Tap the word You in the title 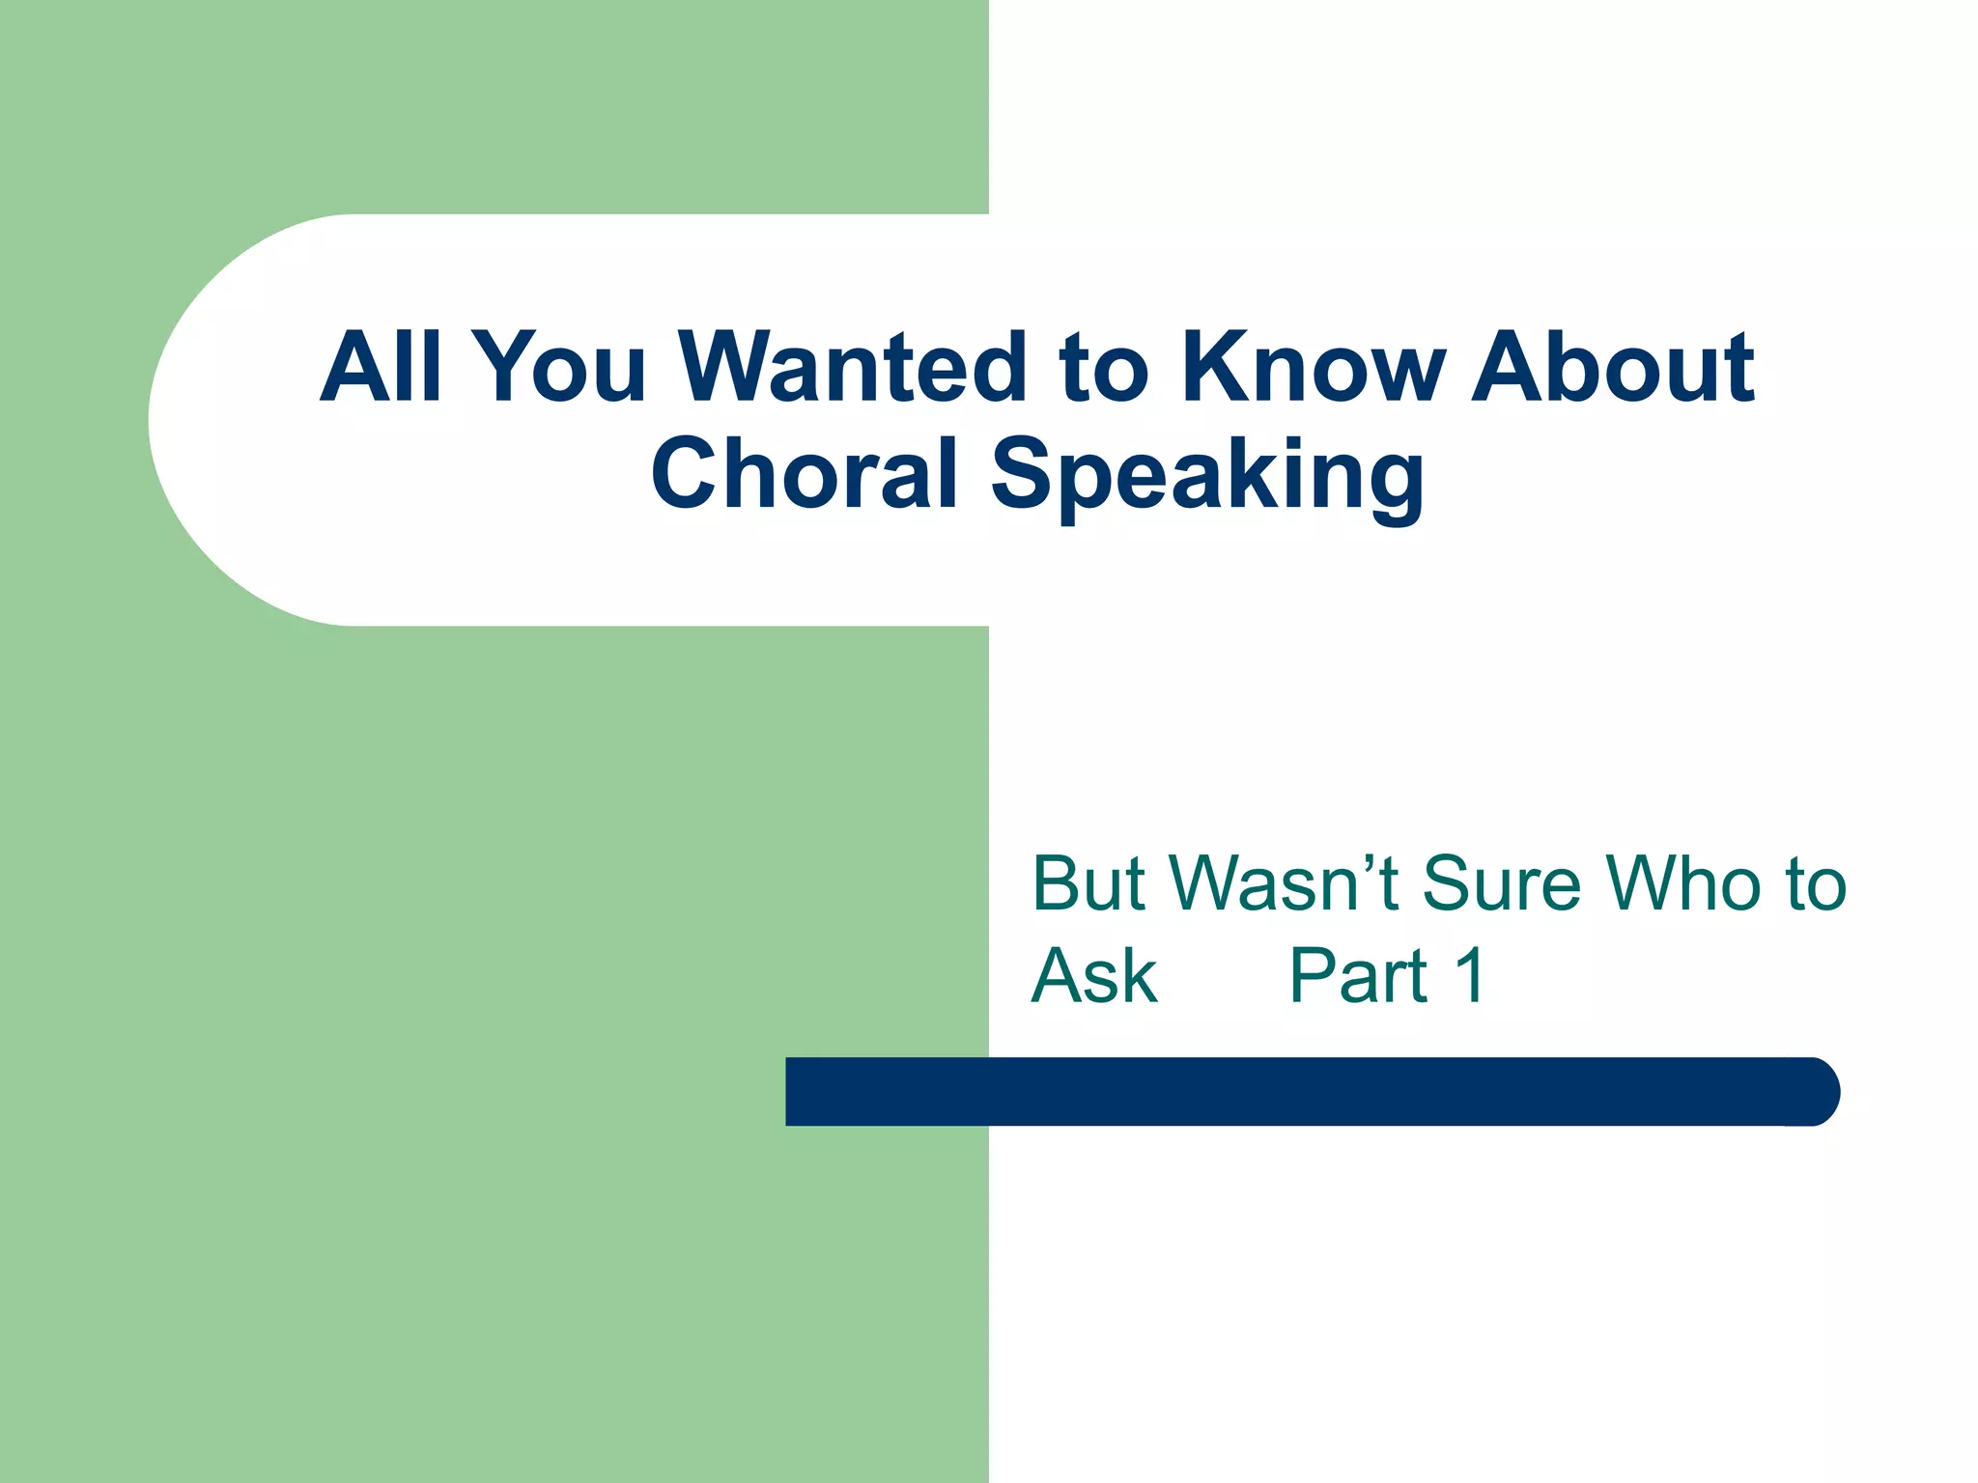point(562,367)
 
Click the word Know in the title point(1314,367)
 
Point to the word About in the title point(1612,367)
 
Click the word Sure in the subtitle point(1502,883)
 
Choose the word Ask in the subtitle point(1094,976)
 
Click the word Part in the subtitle point(1358,976)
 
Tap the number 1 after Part point(1469,976)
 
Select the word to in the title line point(1103,369)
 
